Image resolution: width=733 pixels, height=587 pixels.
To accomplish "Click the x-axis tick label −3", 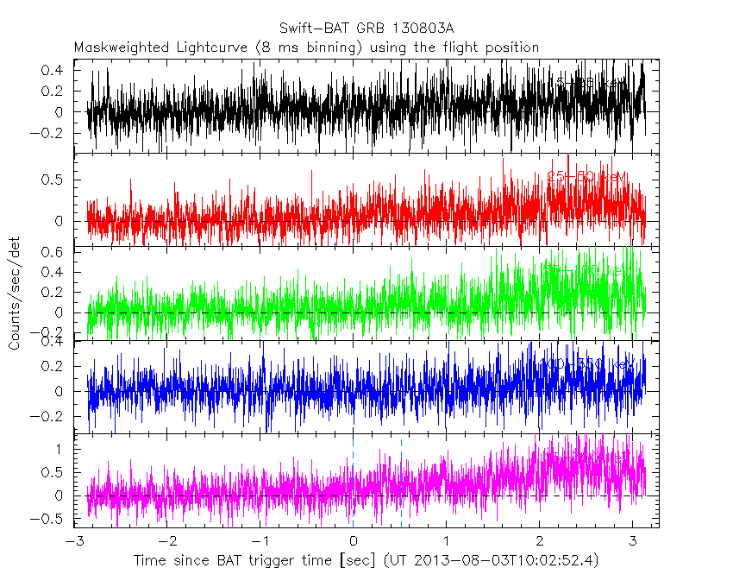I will click(76, 540).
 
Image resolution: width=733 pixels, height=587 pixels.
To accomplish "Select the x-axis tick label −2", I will click(169, 540).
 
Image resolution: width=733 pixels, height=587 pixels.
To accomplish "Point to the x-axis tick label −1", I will click(262, 540).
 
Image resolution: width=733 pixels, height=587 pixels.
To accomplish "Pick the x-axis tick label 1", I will click(447, 540).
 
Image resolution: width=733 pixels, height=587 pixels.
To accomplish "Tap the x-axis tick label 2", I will click(540, 540).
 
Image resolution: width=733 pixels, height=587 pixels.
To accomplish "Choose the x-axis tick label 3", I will click(633, 540).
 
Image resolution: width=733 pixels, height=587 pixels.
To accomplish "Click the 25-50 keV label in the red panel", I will click(586, 177).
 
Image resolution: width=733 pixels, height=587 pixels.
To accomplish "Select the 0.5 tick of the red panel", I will click(54, 180).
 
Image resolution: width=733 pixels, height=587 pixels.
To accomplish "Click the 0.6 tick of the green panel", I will click(54, 252).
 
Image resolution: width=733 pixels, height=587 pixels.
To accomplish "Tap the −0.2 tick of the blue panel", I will click(50, 415).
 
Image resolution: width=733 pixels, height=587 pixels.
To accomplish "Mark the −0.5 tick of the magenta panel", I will click(50, 519).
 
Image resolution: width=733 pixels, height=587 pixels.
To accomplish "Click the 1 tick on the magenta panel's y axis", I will click(62, 449).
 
